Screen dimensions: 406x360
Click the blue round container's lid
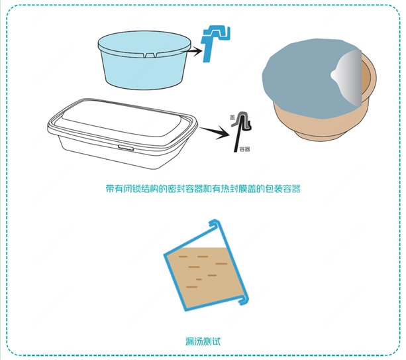coord(144,43)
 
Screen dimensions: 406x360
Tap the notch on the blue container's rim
coord(150,55)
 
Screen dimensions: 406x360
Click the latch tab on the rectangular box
coord(126,148)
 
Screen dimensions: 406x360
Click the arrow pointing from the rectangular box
coord(215,132)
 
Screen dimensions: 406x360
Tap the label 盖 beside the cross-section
coord(232,117)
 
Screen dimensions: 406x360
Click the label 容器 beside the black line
coord(244,149)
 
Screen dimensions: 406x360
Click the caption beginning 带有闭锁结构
coord(203,189)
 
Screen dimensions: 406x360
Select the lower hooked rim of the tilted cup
coord(243,300)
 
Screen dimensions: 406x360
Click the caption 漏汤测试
coord(203,341)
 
